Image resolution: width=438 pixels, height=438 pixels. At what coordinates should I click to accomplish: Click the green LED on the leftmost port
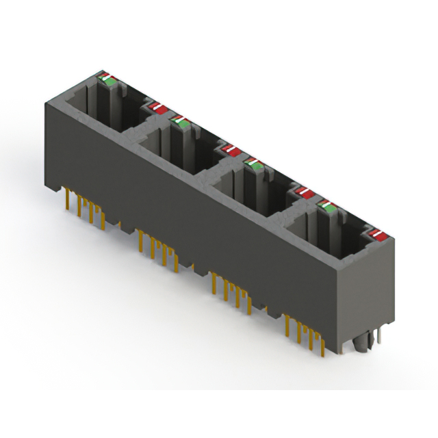point(109,80)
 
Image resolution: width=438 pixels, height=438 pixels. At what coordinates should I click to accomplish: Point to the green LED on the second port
point(181,122)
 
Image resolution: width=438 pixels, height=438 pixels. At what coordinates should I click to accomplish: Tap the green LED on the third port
point(255,163)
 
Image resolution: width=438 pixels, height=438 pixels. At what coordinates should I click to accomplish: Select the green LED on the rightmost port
point(328,205)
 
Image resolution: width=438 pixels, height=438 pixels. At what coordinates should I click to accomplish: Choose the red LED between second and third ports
point(229,149)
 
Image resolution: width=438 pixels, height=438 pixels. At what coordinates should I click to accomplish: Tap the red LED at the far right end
point(375,236)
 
